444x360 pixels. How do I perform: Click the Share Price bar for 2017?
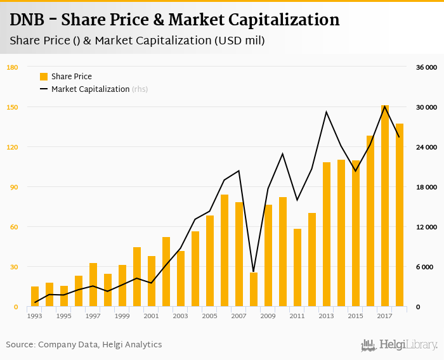(x=384, y=206)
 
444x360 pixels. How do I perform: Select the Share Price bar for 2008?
(x=253, y=290)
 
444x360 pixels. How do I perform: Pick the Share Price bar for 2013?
(x=327, y=235)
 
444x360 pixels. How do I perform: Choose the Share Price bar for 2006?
(x=224, y=250)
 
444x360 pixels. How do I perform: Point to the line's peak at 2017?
(x=384, y=106)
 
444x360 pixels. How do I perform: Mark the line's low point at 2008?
(x=253, y=271)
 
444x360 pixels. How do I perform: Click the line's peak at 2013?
(x=327, y=112)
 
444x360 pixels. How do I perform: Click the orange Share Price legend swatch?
(x=44, y=77)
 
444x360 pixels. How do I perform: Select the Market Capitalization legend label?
(x=90, y=89)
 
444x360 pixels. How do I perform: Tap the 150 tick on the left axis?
(x=12, y=107)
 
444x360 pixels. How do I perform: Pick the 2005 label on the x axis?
(x=209, y=316)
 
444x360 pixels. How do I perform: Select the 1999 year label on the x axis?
(x=122, y=316)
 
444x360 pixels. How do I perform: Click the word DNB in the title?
(x=27, y=20)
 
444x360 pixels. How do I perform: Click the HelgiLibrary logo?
(x=399, y=345)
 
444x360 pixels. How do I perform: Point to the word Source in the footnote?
(x=20, y=345)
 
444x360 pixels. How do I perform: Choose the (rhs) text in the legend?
(x=140, y=89)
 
